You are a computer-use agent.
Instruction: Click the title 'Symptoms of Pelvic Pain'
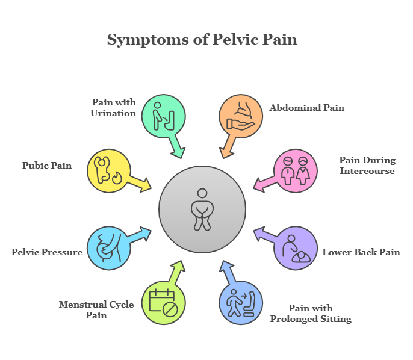tap(202, 40)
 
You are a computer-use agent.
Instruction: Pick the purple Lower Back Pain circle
tap(296, 248)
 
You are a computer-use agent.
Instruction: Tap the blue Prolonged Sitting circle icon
tap(240, 303)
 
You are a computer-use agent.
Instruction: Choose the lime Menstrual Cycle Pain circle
tap(163, 303)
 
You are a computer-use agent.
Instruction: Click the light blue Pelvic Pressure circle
tap(109, 248)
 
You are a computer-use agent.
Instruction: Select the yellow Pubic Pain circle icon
tap(109, 170)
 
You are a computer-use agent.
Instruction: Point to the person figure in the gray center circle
tap(202, 209)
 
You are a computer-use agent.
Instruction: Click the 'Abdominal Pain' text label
tap(306, 108)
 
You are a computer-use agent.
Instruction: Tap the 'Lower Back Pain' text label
tap(361, 252)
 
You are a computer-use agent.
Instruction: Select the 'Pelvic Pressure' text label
tap(47, 252)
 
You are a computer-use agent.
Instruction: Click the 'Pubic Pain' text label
tap(47, 165)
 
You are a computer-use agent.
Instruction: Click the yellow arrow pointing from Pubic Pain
tap(141, 183)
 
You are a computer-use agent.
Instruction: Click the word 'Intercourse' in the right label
tap(367, 171)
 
